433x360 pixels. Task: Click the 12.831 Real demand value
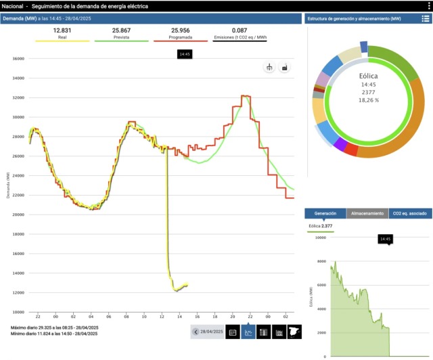point(62,30)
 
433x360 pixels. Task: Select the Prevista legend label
point(121,38)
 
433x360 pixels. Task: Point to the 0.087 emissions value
point(239,30)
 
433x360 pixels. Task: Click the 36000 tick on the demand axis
point(18,59)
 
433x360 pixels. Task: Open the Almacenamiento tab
point(367,213)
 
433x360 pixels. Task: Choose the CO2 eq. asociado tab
point(410,213)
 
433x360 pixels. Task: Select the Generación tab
point(325,213)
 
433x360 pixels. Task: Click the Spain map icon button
point(294,332)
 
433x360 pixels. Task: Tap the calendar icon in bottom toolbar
point(233,332)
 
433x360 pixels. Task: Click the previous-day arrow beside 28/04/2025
point(196,332)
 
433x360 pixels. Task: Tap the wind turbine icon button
point(269,68)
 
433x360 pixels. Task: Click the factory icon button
point(285,68)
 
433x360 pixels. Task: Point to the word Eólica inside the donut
point(369,76)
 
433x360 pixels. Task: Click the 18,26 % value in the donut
point(369,100)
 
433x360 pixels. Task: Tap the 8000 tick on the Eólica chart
point(321,261)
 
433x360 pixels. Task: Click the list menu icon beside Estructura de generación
point(425,18)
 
